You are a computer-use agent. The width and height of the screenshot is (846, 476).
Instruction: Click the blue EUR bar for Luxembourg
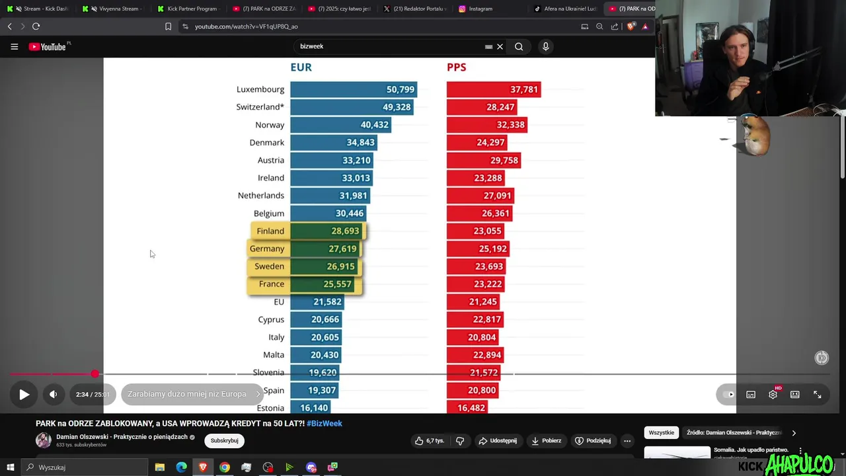pyautogui.click(x=353, y=89)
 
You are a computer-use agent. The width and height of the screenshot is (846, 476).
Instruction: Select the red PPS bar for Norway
pyautogui.click(x=486, y=125)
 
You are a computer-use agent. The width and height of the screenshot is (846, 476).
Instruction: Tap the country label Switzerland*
pyautogui.click(x=260, y=107)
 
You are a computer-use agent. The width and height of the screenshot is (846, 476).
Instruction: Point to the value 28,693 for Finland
pyautogui.click(x=345, y=231)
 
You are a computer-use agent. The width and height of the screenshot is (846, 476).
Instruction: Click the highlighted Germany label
pyautogui.click(x=267, y=249)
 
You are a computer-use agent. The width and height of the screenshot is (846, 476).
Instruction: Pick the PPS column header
pyautogui.click(x=456, y=67)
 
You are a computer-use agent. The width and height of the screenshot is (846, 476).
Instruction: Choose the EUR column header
pyautogui.click(x=301, y=67)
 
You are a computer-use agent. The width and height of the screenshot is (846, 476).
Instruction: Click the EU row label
pyautogui.click(x=279, y=301)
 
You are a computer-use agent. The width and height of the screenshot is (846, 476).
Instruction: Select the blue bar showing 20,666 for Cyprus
pyautogui.click(x=315, y=319)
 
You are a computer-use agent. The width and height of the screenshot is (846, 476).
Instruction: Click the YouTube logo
pyautogui.click(x=48, y=47)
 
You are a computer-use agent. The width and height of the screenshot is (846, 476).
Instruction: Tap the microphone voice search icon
pyautogui.click(x=545, y=46)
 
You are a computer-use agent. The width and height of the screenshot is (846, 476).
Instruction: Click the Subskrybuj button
pyautogui.click(x=224, y=440)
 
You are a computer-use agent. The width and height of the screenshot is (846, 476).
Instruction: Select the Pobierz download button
pyautogui.click(x=546, y=440)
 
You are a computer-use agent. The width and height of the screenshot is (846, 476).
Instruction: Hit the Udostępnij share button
pyautogui.click(x=497, y=440)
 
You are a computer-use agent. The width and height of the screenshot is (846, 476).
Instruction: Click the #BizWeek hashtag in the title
pyautogui.click(x=324, y=423)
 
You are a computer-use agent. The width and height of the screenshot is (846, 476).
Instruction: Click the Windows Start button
pyautogui.click(x=10, y=467)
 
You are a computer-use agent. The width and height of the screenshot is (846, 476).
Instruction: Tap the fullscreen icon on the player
pyautogui.click(x=817, y=395)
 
